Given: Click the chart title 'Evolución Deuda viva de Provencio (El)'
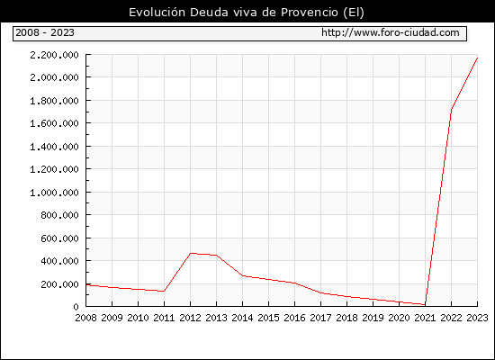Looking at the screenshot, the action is click(247, 13).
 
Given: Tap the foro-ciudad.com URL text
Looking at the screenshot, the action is click(391, 32).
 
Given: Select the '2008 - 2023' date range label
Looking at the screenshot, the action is click(45, 32).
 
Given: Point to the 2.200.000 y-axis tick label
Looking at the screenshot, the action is click(54, 55).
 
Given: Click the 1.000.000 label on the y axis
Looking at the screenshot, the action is click(54, 193).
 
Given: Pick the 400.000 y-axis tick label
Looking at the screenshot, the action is click(59, 261).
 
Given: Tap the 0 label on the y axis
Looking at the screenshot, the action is click(76, 307).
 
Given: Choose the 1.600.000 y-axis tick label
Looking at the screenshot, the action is click(54, 123).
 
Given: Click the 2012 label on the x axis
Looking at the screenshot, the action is click(190, 318).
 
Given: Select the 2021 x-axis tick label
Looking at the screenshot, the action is click(425, 318).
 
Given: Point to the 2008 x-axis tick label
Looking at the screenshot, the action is click(85, 318).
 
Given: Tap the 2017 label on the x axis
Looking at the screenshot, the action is click(320, 318).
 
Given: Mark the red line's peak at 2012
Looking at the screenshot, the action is click(191, 253).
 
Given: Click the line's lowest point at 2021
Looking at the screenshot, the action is click(425, 305).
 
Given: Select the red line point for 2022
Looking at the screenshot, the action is click(452, 110).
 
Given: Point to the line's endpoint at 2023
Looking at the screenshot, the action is click(477, 58).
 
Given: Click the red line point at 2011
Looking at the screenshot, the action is click(164, 292).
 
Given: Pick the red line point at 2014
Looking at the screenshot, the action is click(242, 275).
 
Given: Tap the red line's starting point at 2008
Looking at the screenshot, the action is click(86, 285).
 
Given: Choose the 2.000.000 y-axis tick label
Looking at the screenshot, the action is click(54, 77).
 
